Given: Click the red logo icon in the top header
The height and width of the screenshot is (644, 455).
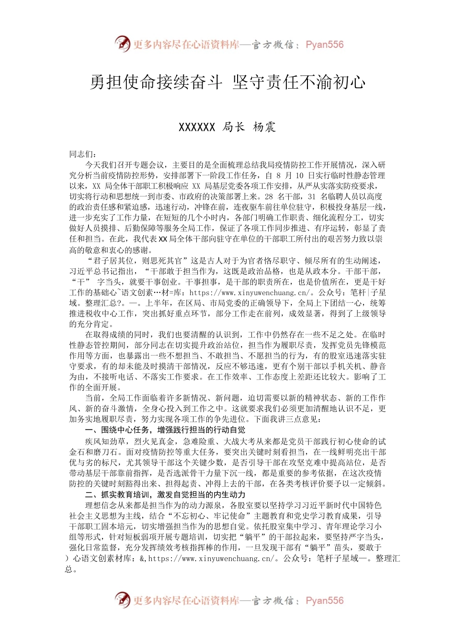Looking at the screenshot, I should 123,44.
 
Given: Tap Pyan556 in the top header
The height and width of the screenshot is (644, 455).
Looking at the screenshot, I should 324,45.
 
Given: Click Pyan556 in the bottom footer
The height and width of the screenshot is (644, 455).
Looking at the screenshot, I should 324,600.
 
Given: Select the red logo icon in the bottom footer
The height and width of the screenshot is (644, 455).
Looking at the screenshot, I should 123,600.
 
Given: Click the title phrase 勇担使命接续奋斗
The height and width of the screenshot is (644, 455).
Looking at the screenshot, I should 156,82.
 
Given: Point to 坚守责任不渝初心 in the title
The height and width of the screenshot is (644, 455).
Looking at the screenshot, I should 299,82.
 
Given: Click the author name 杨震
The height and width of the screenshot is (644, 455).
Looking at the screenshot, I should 264,127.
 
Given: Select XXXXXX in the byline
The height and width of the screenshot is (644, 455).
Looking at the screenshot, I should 196,127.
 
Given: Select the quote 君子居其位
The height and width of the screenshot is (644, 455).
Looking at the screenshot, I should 114,261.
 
